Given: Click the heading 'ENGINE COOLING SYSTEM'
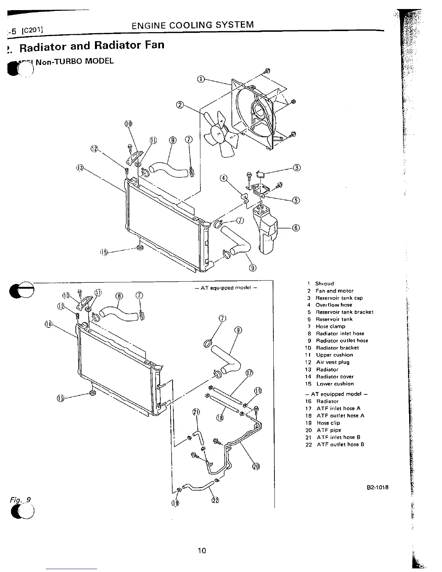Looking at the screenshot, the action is pos(192,25).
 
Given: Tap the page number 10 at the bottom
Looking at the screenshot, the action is pos(201,550).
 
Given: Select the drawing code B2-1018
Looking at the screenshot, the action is pos(377,487).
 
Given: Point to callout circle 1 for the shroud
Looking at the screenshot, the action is pos(201,79).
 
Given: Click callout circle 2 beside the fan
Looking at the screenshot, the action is pos(180,105).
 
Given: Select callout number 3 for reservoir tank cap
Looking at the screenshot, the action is pos(297,168).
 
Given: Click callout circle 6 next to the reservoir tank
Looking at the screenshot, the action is pos(296,228).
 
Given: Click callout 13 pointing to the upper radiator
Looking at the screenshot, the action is pos(80,168).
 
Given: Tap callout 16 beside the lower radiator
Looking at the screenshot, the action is pos(48,324).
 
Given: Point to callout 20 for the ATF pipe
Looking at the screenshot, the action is pos(256,467).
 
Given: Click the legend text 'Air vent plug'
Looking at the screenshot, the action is pos(333,362).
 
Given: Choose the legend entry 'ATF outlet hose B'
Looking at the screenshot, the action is pos(340,445).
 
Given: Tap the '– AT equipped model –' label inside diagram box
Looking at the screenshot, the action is pos(225,288).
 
